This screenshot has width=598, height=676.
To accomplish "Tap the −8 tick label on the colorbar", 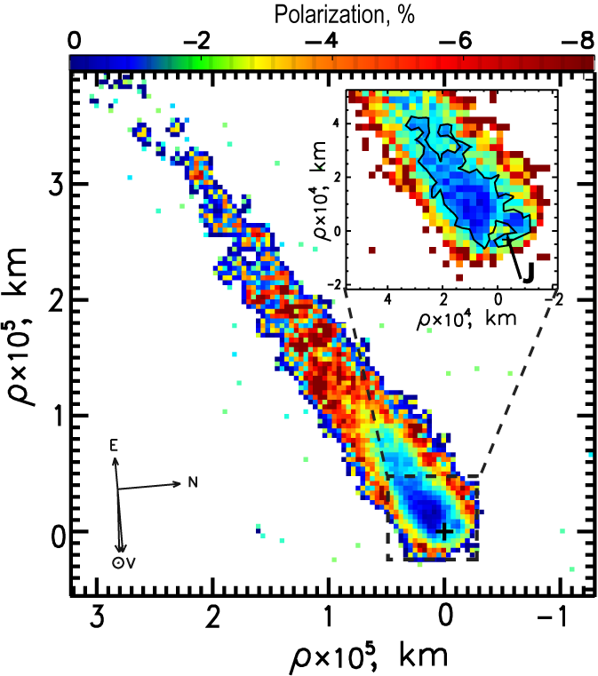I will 580,41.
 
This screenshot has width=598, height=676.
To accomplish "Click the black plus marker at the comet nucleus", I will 444,531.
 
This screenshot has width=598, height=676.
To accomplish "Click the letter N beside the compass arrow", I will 190,482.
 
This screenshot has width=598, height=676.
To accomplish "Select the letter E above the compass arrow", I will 114,448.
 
